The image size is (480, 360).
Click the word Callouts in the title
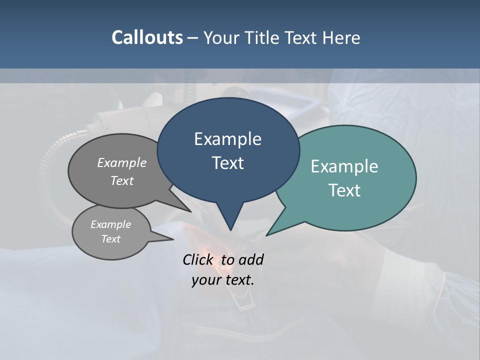click(x=147, y=38)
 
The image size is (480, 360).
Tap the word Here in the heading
click(x=341, y=38)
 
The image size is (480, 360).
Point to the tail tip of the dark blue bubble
click(x=230, y=229)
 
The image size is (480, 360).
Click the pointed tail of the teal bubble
click(x=268, y=234)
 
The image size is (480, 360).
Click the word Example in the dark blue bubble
click(x=227, y=139)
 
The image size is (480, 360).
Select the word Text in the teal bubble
click(x=345, y=190)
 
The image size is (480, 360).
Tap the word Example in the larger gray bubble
click(x=122, y=162)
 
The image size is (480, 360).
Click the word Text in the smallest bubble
click(x=110, y=239)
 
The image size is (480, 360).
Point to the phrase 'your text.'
click(x=223, y=280)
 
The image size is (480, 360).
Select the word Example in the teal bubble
click(x=344, y=166)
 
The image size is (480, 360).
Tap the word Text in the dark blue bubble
click(x=228, y=163)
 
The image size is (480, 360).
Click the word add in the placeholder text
click(x=251, y=259)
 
